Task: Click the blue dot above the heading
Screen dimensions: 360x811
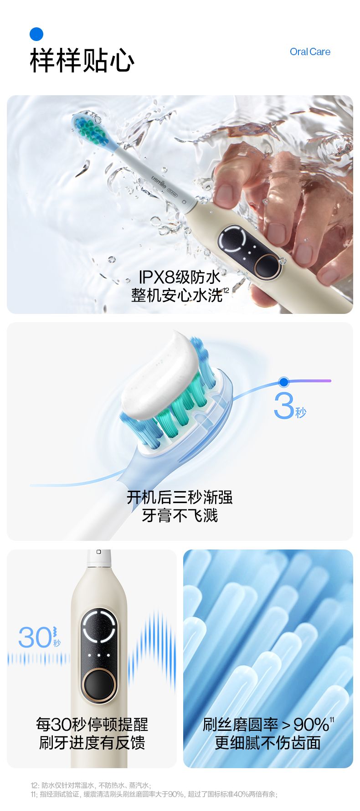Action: point(36,34)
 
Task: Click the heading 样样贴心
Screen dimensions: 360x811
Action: point(82,60)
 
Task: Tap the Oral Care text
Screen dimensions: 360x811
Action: point(310,52)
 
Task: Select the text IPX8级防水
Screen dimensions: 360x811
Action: point(180,277)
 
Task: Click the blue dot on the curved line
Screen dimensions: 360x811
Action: point(284,382)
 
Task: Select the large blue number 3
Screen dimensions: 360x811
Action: point(284,405)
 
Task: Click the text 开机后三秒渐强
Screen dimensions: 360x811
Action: point(180,497)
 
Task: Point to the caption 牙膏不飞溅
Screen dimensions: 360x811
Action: point(180,515)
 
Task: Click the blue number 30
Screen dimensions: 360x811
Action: point(35,637)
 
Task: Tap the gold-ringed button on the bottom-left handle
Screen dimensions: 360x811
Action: point(98,685)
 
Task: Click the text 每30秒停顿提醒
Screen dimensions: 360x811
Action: point(92,724)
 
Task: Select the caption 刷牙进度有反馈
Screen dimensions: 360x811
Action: point(92,743)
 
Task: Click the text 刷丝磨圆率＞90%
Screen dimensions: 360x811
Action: point(266,724)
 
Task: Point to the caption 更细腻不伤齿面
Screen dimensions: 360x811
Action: point(268,743)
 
